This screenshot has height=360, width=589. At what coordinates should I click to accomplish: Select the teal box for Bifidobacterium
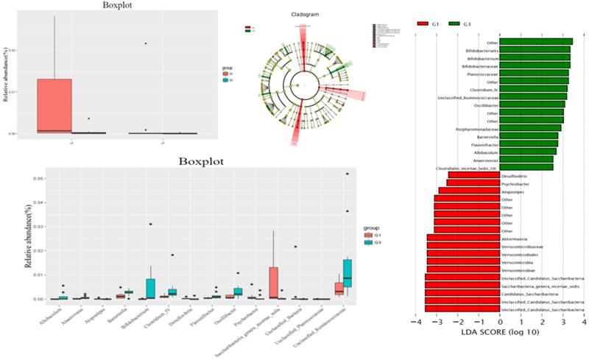150,288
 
